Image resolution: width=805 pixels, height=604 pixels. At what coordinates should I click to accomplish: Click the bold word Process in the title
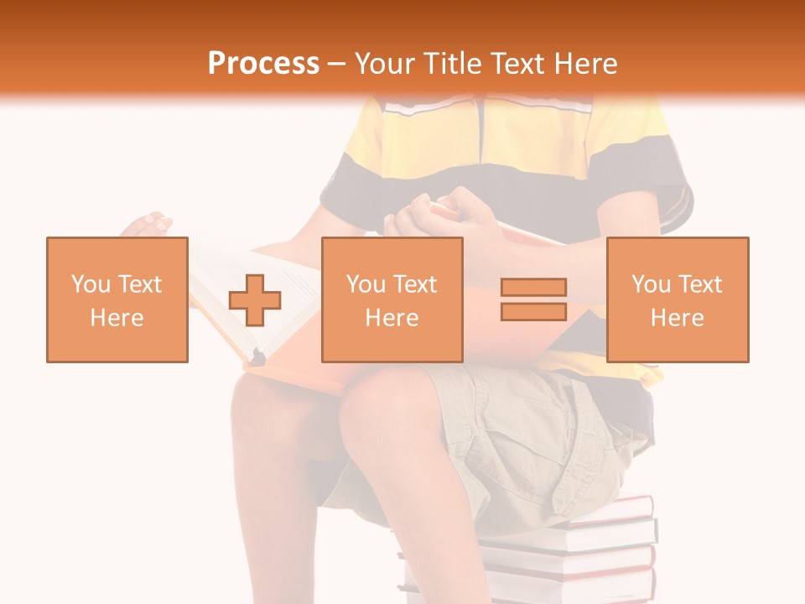[x=263, y=63]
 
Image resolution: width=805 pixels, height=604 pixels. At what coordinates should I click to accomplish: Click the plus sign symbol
[x=255, y=300]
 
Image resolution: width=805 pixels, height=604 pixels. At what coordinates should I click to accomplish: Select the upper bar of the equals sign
[x=533, y=287]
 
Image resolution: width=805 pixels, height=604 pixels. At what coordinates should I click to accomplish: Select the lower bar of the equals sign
[x=533, y=311]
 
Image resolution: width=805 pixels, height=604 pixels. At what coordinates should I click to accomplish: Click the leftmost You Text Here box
[x=117, y=299]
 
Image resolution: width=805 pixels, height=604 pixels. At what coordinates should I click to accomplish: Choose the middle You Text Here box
[x=392, y=299]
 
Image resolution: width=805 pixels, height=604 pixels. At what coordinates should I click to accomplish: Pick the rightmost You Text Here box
[x=678, y=299]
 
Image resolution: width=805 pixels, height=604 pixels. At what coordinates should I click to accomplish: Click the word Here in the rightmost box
[x=678, y=318]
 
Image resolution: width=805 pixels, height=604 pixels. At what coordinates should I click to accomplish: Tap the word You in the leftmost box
[x=90, y=284]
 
